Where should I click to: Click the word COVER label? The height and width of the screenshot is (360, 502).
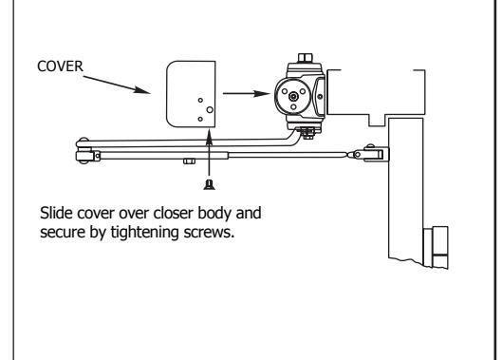[x=60, y=66]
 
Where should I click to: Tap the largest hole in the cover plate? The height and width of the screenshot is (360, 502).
[x=210, y=110]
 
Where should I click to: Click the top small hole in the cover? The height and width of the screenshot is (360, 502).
[x=200, y=101]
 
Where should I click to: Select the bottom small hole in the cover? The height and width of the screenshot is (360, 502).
[x=200, y=120]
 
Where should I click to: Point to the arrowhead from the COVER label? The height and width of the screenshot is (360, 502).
[x=142, y=89]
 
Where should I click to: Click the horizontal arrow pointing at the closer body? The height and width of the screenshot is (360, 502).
[x=247, y=94]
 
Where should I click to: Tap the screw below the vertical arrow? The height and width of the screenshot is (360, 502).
[x=210, y=184]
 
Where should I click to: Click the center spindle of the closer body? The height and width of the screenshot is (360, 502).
[x=293, y=96]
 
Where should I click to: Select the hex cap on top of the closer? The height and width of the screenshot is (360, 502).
[x=306, y=58]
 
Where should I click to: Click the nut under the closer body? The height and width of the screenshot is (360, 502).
[x=308, y=133]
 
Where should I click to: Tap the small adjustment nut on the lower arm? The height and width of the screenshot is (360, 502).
[x=189, y=161]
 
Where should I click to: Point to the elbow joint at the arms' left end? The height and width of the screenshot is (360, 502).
[x=84, y=151]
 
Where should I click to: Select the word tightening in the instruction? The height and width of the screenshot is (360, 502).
[x=144, y=233]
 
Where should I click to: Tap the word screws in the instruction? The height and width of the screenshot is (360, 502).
[x=209, y=233]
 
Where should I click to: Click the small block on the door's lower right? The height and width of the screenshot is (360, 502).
[x=437, y=247]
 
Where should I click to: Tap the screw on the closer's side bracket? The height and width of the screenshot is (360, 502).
[x=320, y=97]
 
